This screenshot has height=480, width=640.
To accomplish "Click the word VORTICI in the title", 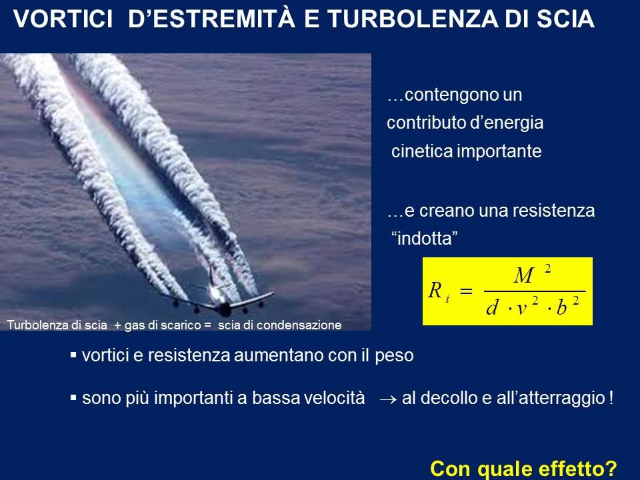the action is (x=63, y=19).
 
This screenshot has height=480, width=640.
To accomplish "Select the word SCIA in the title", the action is (x=565, y=19).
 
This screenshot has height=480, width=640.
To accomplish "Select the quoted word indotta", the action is (x=425, y=239).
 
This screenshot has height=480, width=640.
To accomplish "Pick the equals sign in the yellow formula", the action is (x=466, y=291).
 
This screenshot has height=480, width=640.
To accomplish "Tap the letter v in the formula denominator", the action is (x=521, y=309).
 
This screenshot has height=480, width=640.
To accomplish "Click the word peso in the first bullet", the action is (x=394, y=356).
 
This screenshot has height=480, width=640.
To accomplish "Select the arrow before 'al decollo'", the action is (x=388, y=399).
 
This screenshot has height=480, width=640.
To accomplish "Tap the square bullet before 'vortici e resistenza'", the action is (x=73, y=355).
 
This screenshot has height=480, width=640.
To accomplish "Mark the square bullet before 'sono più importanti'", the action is (x=73, y=397).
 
